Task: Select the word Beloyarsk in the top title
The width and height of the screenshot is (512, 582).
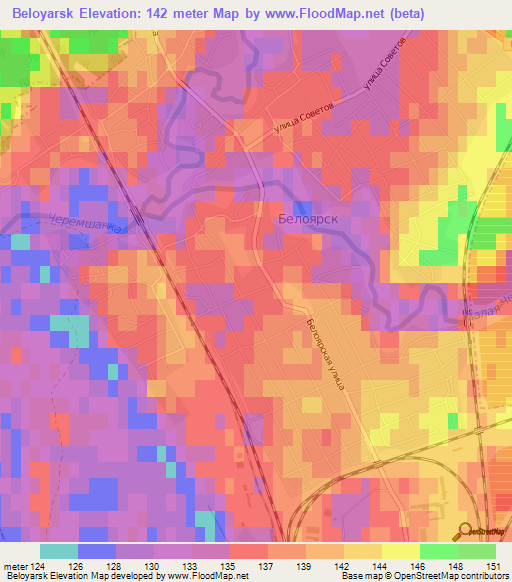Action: pos(45,14)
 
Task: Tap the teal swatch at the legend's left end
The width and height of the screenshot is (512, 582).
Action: pos(59,551)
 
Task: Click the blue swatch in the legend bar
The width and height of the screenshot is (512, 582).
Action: pos(97,551)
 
